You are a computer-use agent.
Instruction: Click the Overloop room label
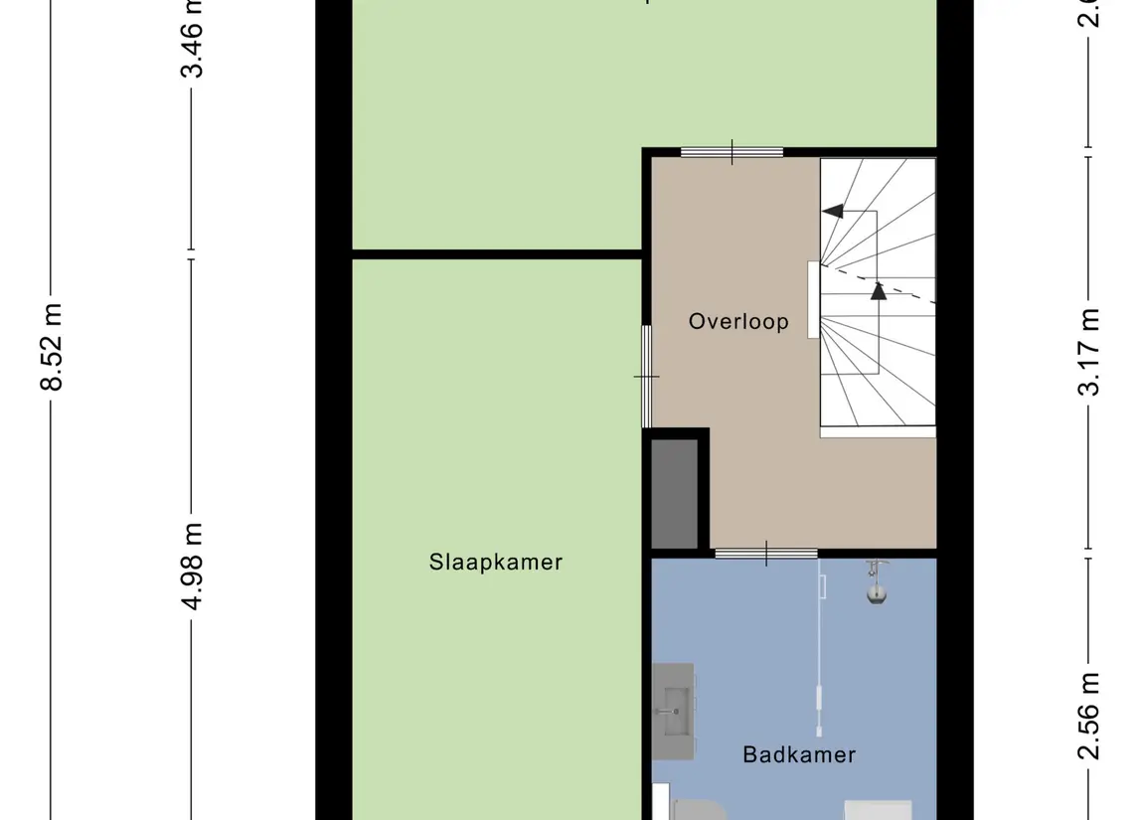point(738,321)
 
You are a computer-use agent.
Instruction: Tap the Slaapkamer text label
point(495,562)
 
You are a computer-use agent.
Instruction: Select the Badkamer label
point(799,754)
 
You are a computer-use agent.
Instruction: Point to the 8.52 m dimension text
point(53,347)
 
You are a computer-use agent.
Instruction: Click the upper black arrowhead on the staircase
point(832,211)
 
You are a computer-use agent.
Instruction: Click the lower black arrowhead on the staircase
point(878,290)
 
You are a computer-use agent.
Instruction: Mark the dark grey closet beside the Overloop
point(675,493)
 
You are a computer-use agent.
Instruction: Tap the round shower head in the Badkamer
point(876,594)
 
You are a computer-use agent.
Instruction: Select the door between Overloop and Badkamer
point(765,554)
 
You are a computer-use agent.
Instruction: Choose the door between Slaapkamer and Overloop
point(646,376)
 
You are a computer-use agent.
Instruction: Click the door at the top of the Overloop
point(732,152)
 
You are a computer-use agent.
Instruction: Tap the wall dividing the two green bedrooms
point(497,254)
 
